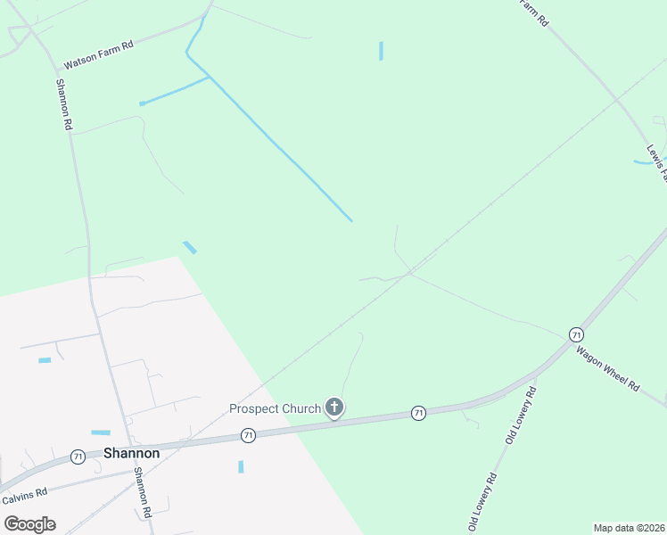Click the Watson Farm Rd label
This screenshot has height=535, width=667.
tap(98, 55)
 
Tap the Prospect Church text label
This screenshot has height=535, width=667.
tap(275, 409)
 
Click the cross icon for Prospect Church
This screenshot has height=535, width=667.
tap(334, 408)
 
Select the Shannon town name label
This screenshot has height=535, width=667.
tap(131, 453)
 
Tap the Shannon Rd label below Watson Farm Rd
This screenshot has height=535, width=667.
tap(63, 105)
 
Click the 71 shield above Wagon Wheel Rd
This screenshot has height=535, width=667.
tap(576, 334)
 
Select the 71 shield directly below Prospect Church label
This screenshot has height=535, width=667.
tap(248, 435)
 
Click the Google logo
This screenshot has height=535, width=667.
tap(29, 523)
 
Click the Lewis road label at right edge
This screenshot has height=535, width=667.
tap(657, 162)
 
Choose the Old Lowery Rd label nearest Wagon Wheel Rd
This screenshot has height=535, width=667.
tap(522, 416)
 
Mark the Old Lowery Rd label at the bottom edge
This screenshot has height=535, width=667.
tap(482, 503)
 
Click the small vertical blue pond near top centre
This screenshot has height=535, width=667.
tap(381, 51)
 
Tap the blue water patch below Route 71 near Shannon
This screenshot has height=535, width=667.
tap(241, 466)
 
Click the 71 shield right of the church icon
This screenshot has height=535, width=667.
tap(417, 413)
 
